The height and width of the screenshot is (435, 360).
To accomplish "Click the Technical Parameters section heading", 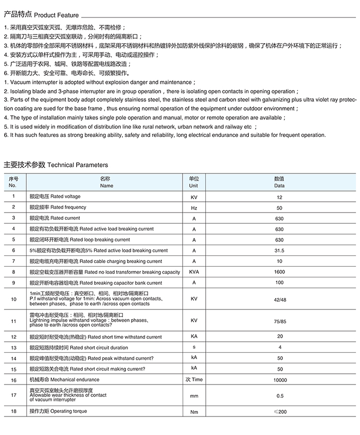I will coord(56,165).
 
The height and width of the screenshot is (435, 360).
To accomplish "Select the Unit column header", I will coord(193,182).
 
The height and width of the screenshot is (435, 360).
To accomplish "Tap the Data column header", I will coord(279,182).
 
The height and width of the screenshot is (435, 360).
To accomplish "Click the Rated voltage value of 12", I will coord(279,197).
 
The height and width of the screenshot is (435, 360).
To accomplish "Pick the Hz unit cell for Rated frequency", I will coord(194,208).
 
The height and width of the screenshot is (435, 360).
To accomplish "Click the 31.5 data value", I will coord(279,251).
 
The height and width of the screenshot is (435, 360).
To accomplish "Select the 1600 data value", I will coord(279,272).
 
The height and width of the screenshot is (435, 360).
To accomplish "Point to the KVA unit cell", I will coord(194,272).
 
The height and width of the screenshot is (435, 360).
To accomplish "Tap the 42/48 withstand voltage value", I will coord(279,299).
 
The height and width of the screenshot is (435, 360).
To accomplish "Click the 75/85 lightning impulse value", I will coord(279,320).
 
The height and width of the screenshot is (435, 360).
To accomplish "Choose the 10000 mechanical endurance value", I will coord(279,379).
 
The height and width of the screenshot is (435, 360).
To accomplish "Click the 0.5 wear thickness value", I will coord(279,396).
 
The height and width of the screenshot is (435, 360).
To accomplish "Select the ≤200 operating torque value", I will coord(279,412).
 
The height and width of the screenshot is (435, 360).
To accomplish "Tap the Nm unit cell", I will coord(194,412).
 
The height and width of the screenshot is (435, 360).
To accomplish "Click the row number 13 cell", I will coord(13,347).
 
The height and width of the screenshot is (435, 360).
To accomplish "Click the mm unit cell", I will coord(194,396).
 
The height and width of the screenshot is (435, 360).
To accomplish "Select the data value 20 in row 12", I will coord(279,337).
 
